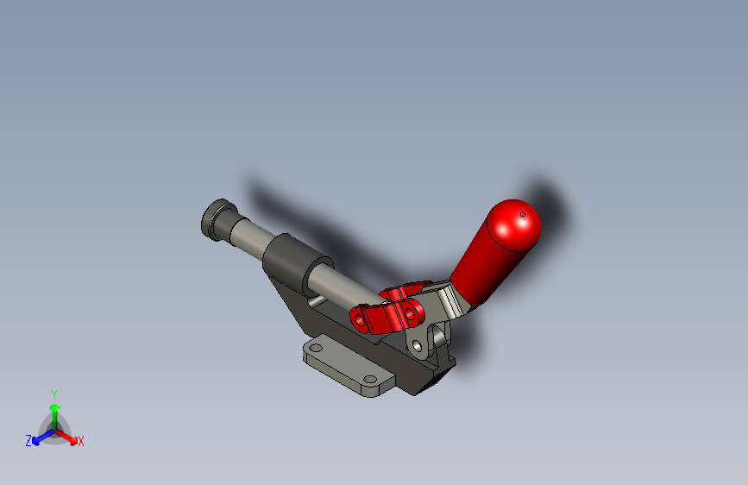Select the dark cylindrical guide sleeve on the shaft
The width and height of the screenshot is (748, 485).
(292, 261)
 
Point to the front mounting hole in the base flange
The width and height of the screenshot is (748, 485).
(371, 380)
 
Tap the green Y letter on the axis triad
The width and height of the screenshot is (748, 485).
(54, 393)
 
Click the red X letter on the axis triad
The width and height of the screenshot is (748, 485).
(81, 442)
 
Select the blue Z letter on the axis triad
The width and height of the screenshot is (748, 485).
(28, 440)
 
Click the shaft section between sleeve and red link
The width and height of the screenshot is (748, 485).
(345, 286)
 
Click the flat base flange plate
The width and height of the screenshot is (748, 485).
(345, 367)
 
